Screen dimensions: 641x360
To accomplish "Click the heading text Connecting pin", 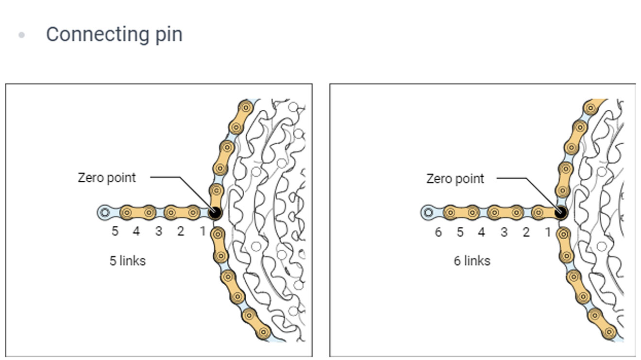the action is (x=114, y=35).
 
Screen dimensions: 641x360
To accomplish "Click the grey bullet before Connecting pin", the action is (x=21, y=35).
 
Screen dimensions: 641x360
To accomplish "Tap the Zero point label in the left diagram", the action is (x=107, y=178).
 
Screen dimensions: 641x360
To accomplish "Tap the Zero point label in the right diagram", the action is (x=455, y=179).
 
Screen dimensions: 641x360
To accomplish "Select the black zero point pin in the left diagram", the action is (x=215, y=213).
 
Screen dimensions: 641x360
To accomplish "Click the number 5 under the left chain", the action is (x=115, y=231).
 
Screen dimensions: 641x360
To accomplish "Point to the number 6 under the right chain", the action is (x=438, y=232).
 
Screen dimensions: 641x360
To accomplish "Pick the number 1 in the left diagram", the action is (x=202, y=231).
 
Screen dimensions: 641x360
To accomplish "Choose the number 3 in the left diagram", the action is (x=158, y=231).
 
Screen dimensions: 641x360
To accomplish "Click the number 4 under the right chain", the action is (x=482, y=232).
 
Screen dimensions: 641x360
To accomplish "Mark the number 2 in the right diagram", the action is (x=526, y=232).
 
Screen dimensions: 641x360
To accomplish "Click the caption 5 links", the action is (x=128, y=261).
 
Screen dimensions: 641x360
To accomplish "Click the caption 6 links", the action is (x=472, y=261).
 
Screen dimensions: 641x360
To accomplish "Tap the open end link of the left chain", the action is (x=105, y=213).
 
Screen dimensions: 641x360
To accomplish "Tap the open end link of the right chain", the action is (x=428, y=213).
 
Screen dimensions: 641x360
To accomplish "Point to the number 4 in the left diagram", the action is (x=136, y=231).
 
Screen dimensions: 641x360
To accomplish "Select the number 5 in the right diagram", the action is (x=460, y=232).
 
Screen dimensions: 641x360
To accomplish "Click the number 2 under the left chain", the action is (x=180, y=231).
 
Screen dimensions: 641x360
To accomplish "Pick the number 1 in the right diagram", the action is (x=548, y=232).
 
